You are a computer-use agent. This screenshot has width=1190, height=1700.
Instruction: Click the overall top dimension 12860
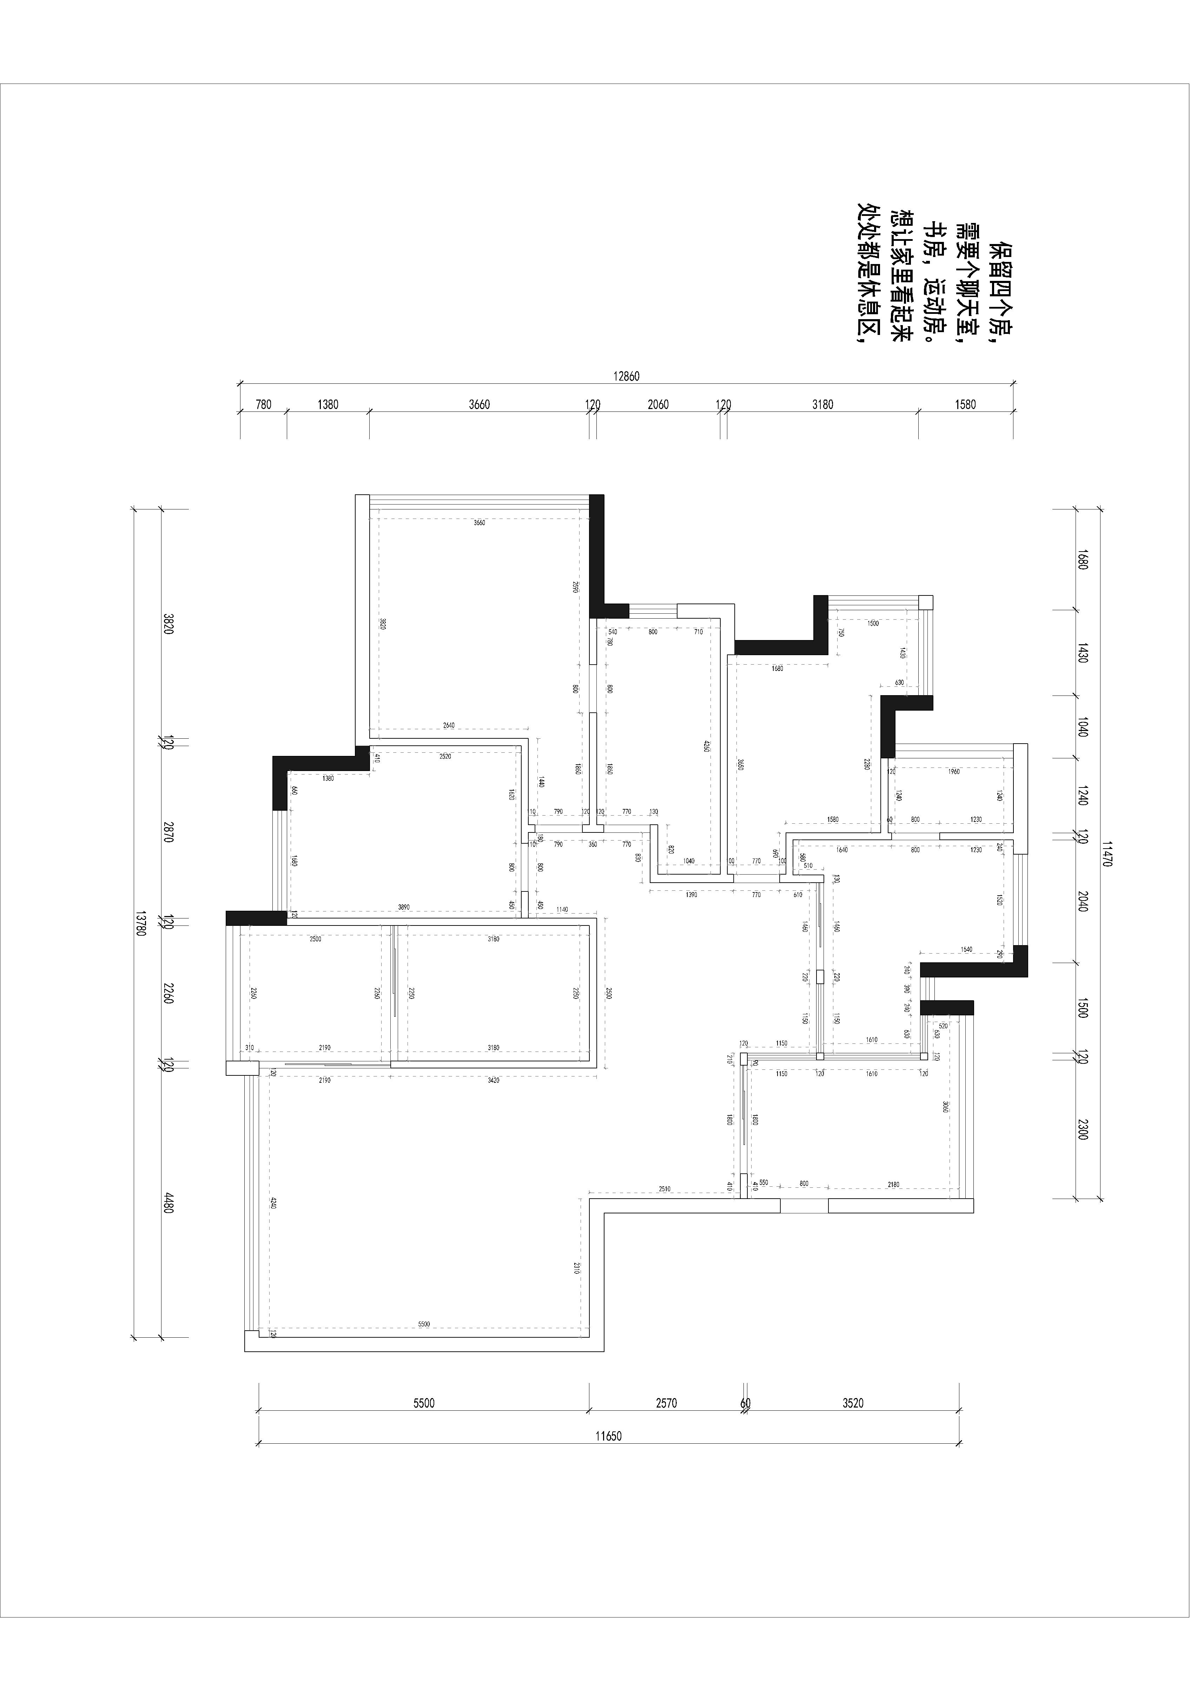click(626, 376)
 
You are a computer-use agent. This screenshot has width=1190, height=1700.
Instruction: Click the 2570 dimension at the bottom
click(667, 1402)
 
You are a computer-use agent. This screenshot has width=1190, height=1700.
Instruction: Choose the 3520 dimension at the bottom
click(853, 1402)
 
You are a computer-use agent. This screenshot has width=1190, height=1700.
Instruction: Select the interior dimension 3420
click(494, 1080)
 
